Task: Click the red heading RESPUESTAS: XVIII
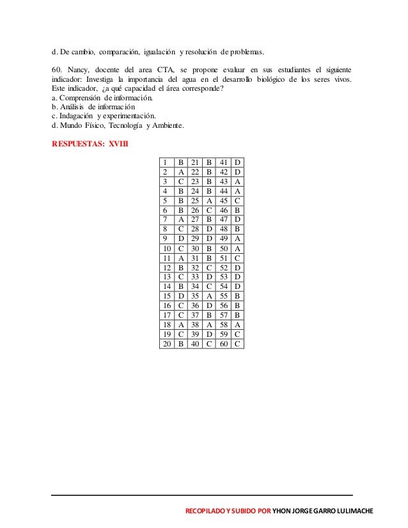tap(90, 143)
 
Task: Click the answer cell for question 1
tap(181, 163)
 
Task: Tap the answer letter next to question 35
tap(209, 296)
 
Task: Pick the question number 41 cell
tap(223, 163)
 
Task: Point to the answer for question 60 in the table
tap(237, 343)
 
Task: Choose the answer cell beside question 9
tap(181, 238)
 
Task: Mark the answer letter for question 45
tap(237, 201)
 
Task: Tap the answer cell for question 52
tap(237, 267)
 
